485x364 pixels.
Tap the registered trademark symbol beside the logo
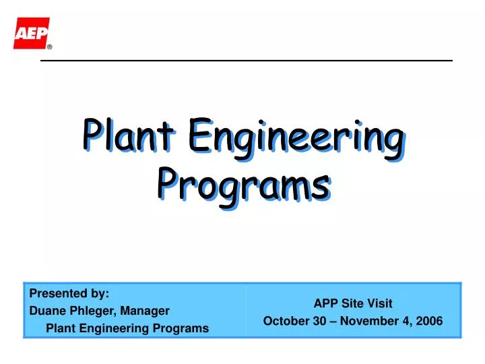(50, 47)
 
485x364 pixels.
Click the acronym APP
(326, 303)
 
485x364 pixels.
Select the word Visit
(379, 303)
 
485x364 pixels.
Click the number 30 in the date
(319, 321)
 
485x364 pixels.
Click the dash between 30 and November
(332, 321)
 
